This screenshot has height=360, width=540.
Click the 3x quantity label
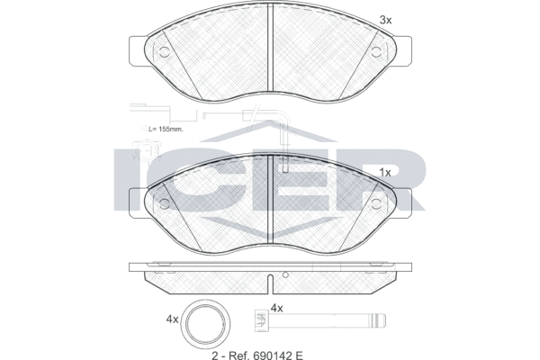coord(385,20)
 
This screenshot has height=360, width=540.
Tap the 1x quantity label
coord(385,171)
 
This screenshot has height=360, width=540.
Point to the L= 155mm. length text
coord(166,130)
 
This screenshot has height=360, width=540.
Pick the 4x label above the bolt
coord(277,309)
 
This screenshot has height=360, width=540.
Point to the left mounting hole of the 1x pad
coord(164,202)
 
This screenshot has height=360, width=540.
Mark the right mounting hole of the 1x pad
coord(376,202)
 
